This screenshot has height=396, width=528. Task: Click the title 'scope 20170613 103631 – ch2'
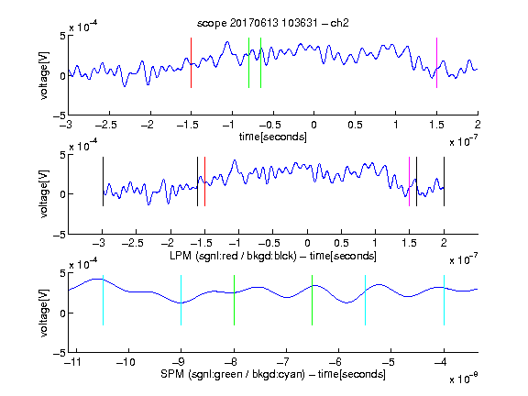point(273,23)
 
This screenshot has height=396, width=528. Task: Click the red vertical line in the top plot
point(191,62)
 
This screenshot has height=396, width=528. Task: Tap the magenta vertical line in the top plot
point(436,62)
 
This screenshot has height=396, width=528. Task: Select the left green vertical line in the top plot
point(248,62)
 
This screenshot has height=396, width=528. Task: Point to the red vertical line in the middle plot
point(204,181)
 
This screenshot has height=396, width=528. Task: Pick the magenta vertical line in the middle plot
point(409,181)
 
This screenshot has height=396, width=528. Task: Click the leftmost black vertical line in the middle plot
point(103,181)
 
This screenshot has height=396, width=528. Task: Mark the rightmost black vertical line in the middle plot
point(444,181)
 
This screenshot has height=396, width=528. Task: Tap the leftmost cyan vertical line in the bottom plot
point(103,301)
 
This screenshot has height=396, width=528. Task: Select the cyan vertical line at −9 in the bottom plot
point(181,301)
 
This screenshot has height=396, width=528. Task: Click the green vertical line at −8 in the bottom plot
point(234,301)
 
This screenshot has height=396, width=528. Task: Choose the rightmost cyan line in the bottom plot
point(444,301)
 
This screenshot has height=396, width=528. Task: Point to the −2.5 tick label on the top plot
point(105,125)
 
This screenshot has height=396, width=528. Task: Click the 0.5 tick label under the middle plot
point(341,243)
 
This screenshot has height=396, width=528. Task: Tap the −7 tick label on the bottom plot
point(286,362)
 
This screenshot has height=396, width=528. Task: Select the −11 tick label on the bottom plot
point(73,362)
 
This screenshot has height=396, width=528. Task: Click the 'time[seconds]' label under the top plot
point(273,137)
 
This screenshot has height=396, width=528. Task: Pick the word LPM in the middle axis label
point(181,256)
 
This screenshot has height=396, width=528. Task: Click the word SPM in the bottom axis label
point(172,374)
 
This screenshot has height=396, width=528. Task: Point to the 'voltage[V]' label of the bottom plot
point(44,313)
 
